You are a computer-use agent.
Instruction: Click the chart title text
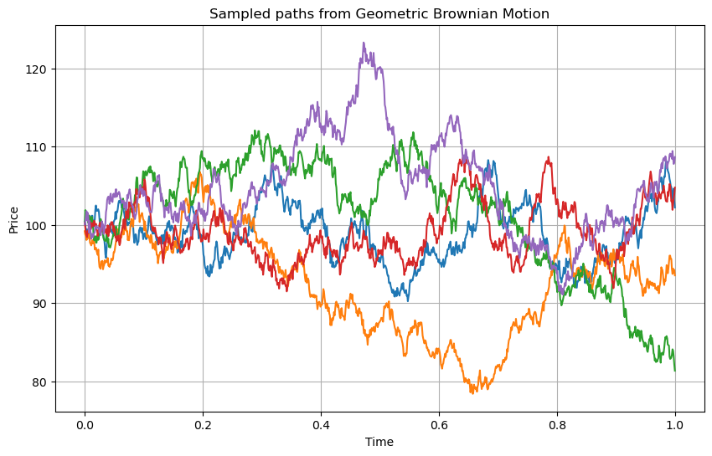coord(379,13)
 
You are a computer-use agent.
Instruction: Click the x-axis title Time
coord(379,441)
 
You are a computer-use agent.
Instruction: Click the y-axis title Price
coord(13,218)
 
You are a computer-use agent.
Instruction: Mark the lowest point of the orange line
coord(472,392)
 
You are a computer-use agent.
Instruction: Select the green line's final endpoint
coord(675,370)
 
